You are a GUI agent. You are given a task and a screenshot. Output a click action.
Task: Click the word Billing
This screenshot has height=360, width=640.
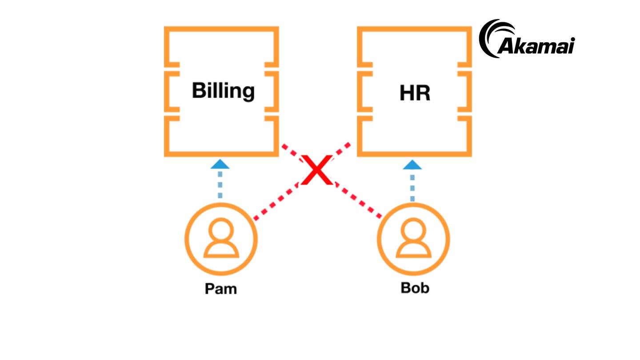point(223,91)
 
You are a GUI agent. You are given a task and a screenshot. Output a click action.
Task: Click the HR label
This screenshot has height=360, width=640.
point(415,93)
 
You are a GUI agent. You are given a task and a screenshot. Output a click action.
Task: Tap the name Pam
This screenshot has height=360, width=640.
point(220,289)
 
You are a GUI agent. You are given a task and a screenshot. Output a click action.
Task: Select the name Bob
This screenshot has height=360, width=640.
point(415,288)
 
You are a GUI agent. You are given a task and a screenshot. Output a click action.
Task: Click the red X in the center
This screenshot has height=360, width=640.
point(316,170)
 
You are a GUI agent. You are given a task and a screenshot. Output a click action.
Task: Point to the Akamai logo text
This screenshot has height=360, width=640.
point(536,46)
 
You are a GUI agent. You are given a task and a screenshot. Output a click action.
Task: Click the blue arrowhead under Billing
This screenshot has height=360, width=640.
point(220,164)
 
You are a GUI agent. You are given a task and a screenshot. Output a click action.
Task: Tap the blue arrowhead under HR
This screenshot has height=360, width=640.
point(412,164)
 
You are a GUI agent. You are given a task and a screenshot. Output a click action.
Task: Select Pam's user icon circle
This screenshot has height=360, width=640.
point(221,239)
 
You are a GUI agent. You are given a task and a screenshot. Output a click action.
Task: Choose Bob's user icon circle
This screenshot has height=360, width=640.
point(413,239)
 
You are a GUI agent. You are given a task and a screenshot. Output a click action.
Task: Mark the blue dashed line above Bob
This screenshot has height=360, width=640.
point(412,187)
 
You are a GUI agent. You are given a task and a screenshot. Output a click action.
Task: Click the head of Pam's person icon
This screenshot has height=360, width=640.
point(221,230)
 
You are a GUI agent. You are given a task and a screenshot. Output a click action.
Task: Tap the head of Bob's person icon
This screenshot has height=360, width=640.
point(413,230)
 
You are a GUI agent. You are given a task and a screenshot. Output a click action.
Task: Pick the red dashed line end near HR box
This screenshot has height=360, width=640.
point(347,145)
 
